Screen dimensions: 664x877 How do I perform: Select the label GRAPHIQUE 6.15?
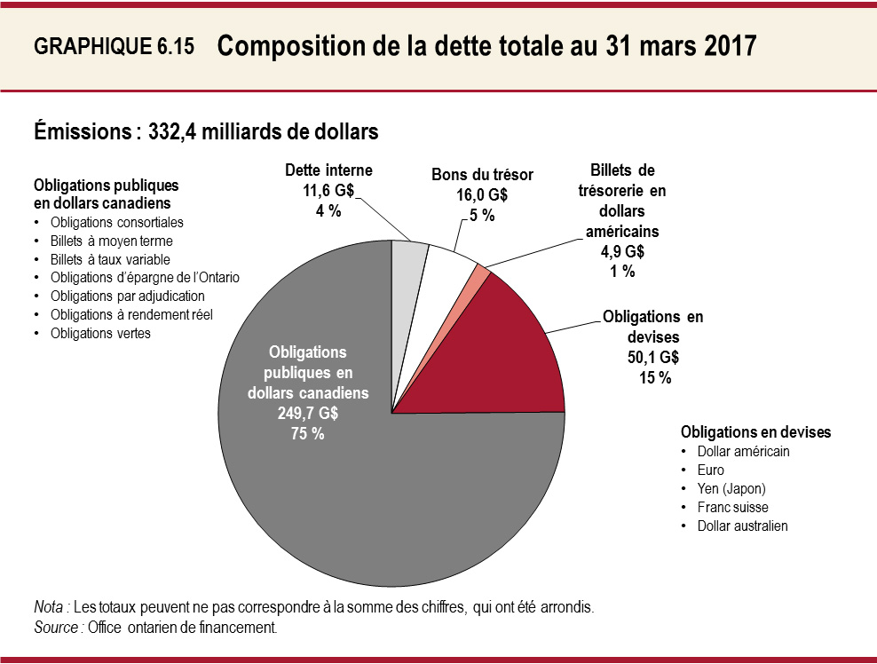pyautogui.click(x=113, y=48)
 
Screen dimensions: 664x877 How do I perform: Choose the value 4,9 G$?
pyautogui.click(x=622, y=251)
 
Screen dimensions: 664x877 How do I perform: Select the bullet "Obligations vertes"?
pyautogui.click(x=100, y=334)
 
